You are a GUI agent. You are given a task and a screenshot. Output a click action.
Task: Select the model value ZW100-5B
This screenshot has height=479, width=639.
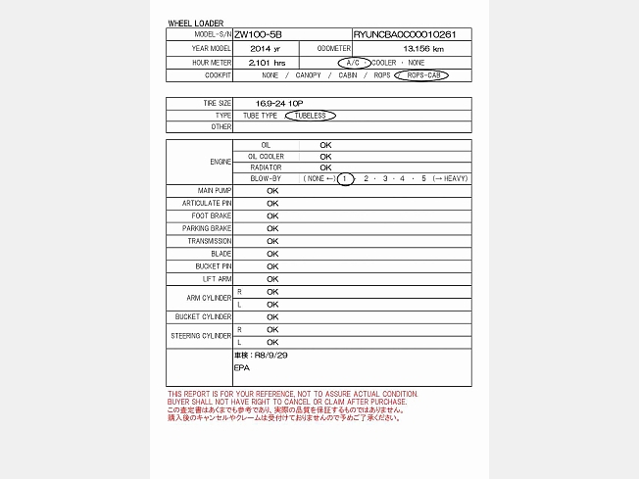pos(258,34)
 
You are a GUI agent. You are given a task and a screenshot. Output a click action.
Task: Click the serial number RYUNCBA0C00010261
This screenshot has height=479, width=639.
pos(412,34)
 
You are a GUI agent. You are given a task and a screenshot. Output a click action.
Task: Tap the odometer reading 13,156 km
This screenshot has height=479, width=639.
pos(423,48)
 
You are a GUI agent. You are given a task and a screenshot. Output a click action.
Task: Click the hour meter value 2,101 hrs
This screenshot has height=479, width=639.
pos(267,62)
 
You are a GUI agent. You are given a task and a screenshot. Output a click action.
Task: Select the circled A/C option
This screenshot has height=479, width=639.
pos(354,62)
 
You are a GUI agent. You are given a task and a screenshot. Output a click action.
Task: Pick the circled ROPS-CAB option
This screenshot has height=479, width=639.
pos(423,74)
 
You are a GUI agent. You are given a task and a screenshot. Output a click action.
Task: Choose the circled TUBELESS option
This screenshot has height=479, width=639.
pos(311,115)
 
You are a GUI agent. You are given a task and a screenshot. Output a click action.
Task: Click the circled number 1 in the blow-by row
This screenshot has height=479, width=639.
pos(345,178)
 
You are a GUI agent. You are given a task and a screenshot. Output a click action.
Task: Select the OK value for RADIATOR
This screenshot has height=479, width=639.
pos(326,167)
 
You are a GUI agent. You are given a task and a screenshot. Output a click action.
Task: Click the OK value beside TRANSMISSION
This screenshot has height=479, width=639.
pos(272,241)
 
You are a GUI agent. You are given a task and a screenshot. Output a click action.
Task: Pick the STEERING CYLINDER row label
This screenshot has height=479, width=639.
pos(202,336)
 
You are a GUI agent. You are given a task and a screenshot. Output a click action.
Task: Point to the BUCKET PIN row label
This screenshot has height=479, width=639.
pos(213,266)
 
